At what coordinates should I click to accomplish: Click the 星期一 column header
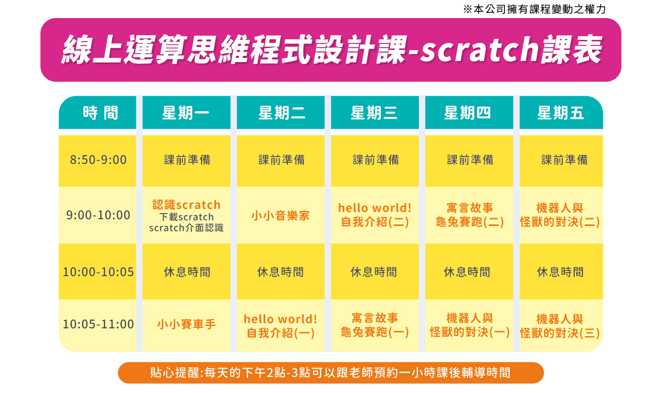click(x=186, y=113)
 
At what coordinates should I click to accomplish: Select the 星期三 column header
click(x=375, y=113)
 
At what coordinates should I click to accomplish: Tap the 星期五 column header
click(x=561, y=113)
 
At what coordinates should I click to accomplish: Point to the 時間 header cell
click(x=100, y=113)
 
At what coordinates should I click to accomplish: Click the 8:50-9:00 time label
click(x=98, y=160)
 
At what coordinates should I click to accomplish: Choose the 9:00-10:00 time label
click(x=98, y=215)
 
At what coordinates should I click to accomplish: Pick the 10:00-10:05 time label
click(x=98, y=272)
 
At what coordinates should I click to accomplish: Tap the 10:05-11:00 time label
click(x=98, y=324)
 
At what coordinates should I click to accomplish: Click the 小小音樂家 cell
click(x=281, y=216)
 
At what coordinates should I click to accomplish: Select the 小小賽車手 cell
click(x=186, y=324)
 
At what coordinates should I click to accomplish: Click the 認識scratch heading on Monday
click(x=186, y=205)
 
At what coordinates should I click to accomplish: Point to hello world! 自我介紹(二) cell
click(x=375, y=215)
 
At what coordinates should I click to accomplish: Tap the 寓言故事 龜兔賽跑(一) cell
click(x=375, y=325)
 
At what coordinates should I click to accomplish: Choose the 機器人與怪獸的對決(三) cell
click(x=560, y=326)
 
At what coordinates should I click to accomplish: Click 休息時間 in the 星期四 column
click(x=467, y=272)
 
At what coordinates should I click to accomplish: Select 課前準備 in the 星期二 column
click(x=281, y=160)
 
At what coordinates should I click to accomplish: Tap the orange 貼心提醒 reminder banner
click(x=331, y=373)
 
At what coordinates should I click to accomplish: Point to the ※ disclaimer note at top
click(x=534, y=9)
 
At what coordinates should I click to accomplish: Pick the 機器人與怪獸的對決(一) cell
click(x=469, y=325)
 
